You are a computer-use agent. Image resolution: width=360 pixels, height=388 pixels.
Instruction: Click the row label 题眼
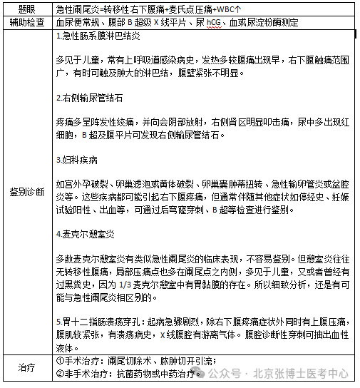tap(26, 9)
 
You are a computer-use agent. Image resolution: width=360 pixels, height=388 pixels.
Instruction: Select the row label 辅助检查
tap(26, 23)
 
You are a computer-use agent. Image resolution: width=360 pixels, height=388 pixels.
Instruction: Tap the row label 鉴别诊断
tap(26, 192)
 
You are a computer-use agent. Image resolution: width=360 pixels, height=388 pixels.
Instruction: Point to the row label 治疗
tap(26, 367)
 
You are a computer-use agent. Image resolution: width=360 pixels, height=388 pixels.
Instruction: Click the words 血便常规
tap(73, 23)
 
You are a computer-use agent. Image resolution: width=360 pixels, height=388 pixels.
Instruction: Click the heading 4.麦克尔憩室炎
tap(86, 232)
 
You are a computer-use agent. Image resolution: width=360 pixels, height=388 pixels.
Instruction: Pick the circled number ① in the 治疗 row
tap(59, 362)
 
